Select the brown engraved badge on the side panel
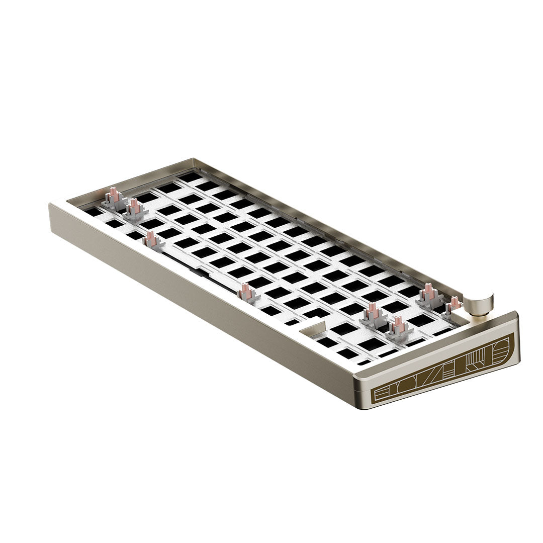point(444,370)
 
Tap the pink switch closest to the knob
point(454,305)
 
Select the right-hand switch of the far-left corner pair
point(134,208)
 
